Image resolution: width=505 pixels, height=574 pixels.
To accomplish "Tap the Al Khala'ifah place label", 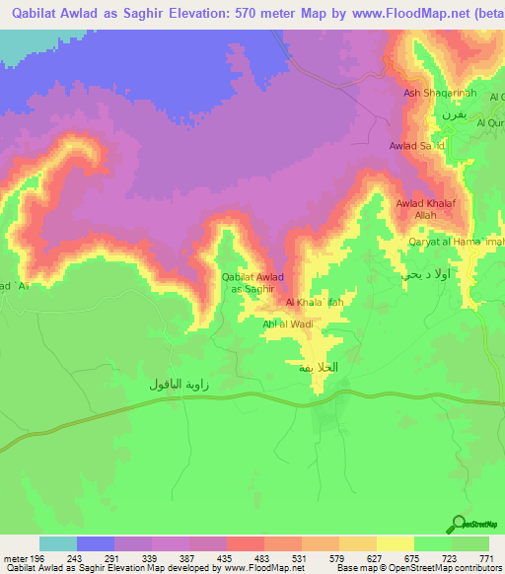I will click(x=314, y=303).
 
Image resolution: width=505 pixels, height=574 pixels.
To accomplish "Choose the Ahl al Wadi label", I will click(x=287, y=323).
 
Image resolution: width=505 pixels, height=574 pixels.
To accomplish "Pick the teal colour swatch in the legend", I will click(x=58, y=543).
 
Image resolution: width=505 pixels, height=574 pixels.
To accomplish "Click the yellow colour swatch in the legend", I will click(x=395, y=543).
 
